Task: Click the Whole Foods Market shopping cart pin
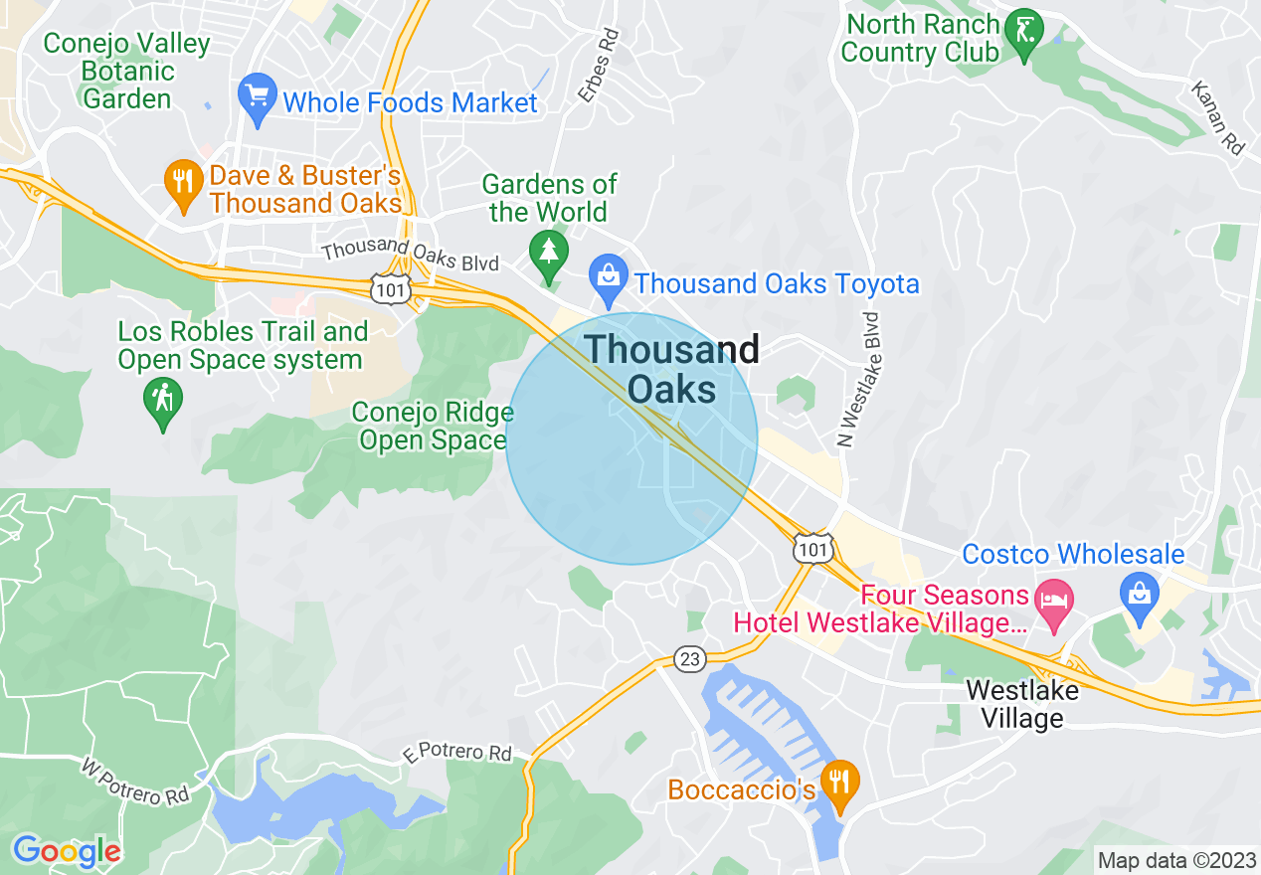pos(258,98)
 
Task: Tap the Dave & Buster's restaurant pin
pos(182,184)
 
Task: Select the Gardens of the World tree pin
pos(548,255)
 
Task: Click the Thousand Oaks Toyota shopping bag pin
pos(606,279)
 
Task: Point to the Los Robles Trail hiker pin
pos(162,403)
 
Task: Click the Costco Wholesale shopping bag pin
pos(1140,594)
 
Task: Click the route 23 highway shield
pos(689,658)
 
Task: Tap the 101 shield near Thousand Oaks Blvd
pos(386,288)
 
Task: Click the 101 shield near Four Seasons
pos(813,548)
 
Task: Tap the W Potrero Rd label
pos(134,783)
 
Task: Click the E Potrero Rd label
pos(458,752)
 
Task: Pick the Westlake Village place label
pos(1021,703)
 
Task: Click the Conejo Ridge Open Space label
pos(434,426)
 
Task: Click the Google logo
pos(66,851)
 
